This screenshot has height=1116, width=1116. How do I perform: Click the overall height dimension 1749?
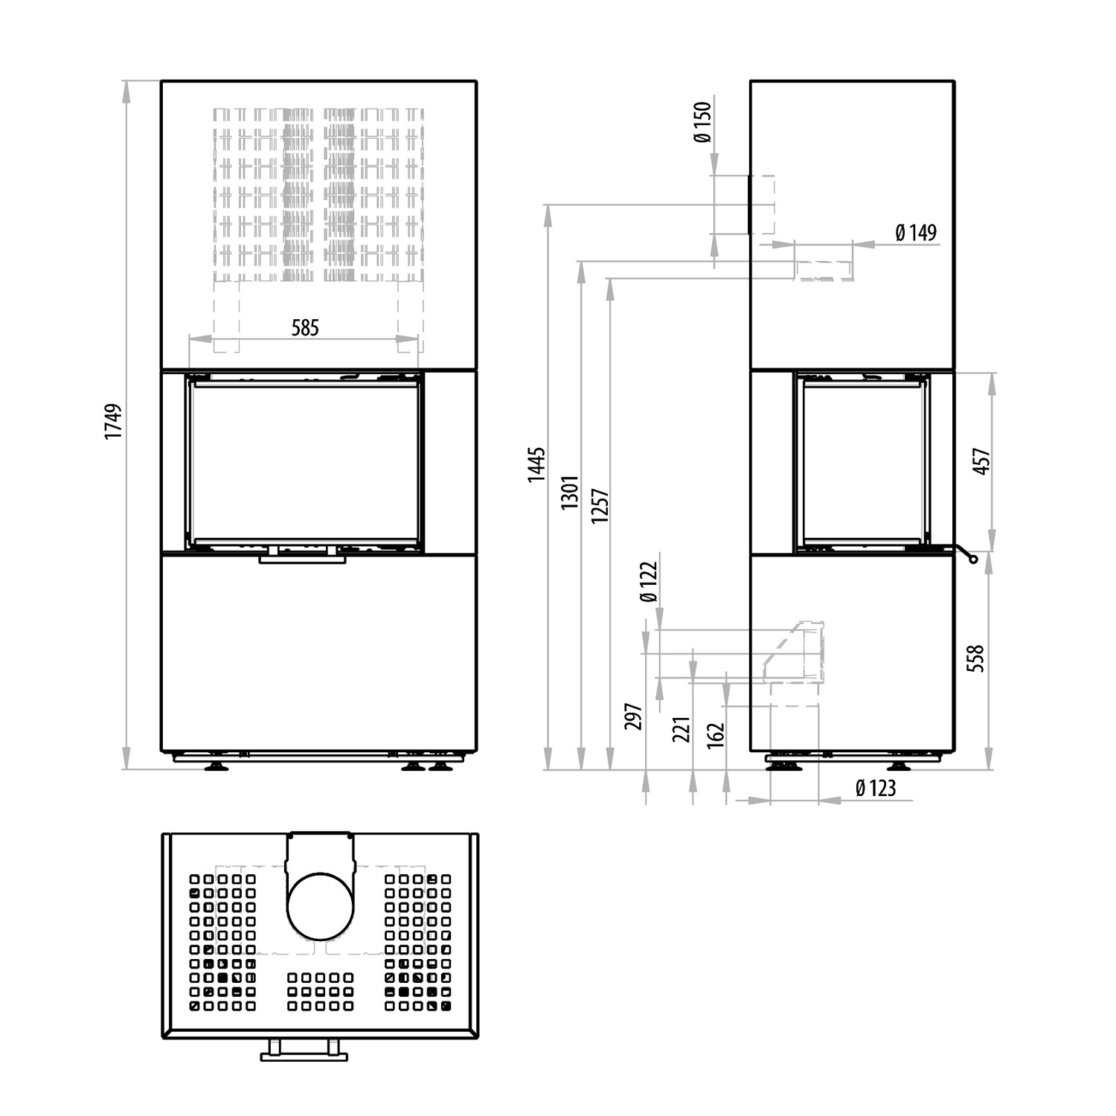[x=113, y=422]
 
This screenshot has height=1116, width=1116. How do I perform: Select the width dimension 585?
[x=305, y=327]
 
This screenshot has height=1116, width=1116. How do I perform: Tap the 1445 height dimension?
[x=536, y=465]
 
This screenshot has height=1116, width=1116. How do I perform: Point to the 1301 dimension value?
[x=570, y=493]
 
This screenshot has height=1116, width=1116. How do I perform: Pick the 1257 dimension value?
[x=600, y=506]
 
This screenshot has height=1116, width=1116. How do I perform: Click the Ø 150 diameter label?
[x=702, y=123]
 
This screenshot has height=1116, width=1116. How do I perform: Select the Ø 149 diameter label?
[x=916, y=233]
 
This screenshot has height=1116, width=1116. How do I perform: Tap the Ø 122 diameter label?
[x=649, y=583]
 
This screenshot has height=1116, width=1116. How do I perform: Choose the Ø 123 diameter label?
[x=876, y=788]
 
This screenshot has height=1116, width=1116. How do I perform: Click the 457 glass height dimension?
[x=982, y=461]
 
